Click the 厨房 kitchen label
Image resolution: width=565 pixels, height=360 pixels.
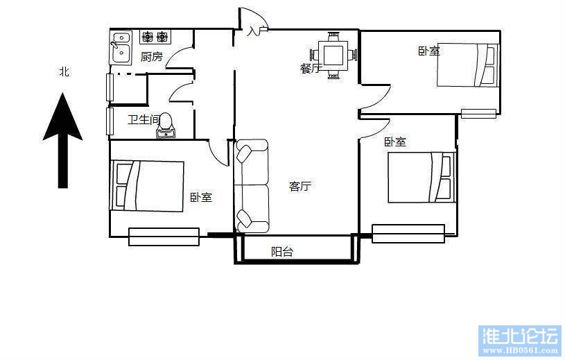tap(151, 57)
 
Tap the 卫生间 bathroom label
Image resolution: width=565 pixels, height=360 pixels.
tap(144, 119)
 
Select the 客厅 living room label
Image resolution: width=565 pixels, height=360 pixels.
tap(300, 186)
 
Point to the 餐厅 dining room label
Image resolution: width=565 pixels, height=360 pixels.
tap(310, 68)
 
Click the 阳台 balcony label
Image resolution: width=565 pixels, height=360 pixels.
tap(282, 251)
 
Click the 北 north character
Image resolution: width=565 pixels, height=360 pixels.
tap(64, 71)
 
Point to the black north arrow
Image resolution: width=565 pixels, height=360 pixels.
tap(62, 140)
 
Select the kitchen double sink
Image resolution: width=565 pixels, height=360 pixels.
tap(121, 48)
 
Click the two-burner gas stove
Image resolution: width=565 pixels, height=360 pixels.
tap(155, 36)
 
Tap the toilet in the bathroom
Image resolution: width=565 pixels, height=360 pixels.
tap(166, 125)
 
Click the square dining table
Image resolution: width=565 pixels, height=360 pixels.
tap(333, 55)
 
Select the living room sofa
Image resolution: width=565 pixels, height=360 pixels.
tap(252, 186)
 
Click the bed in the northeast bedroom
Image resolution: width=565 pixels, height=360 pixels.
tap(467, 65)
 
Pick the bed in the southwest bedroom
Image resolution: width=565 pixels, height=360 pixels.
tap(148, 186)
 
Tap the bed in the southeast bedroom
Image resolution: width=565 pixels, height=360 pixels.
tap(421, 178)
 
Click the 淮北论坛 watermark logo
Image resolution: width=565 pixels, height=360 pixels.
tap(521, 336)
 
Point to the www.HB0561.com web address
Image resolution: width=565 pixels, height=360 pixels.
tap(521, 350)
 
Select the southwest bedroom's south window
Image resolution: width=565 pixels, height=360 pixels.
tap(164, 237)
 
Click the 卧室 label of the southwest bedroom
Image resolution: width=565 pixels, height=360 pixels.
tap(201, 197)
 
